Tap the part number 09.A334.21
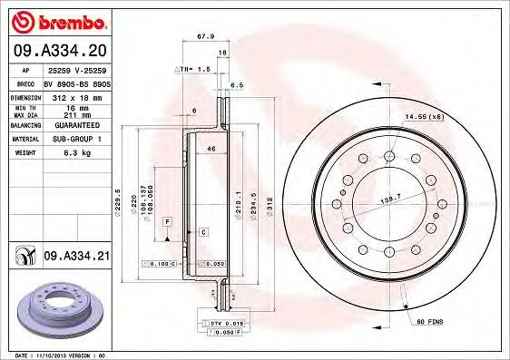point(77,257)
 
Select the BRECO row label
point(25,81)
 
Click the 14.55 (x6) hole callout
point(424,117)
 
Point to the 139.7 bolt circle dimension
point(391,197)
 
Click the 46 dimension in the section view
point(211,148)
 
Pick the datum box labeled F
point(168,221)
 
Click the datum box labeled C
point(202,233)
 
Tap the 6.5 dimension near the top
point(238,84)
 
